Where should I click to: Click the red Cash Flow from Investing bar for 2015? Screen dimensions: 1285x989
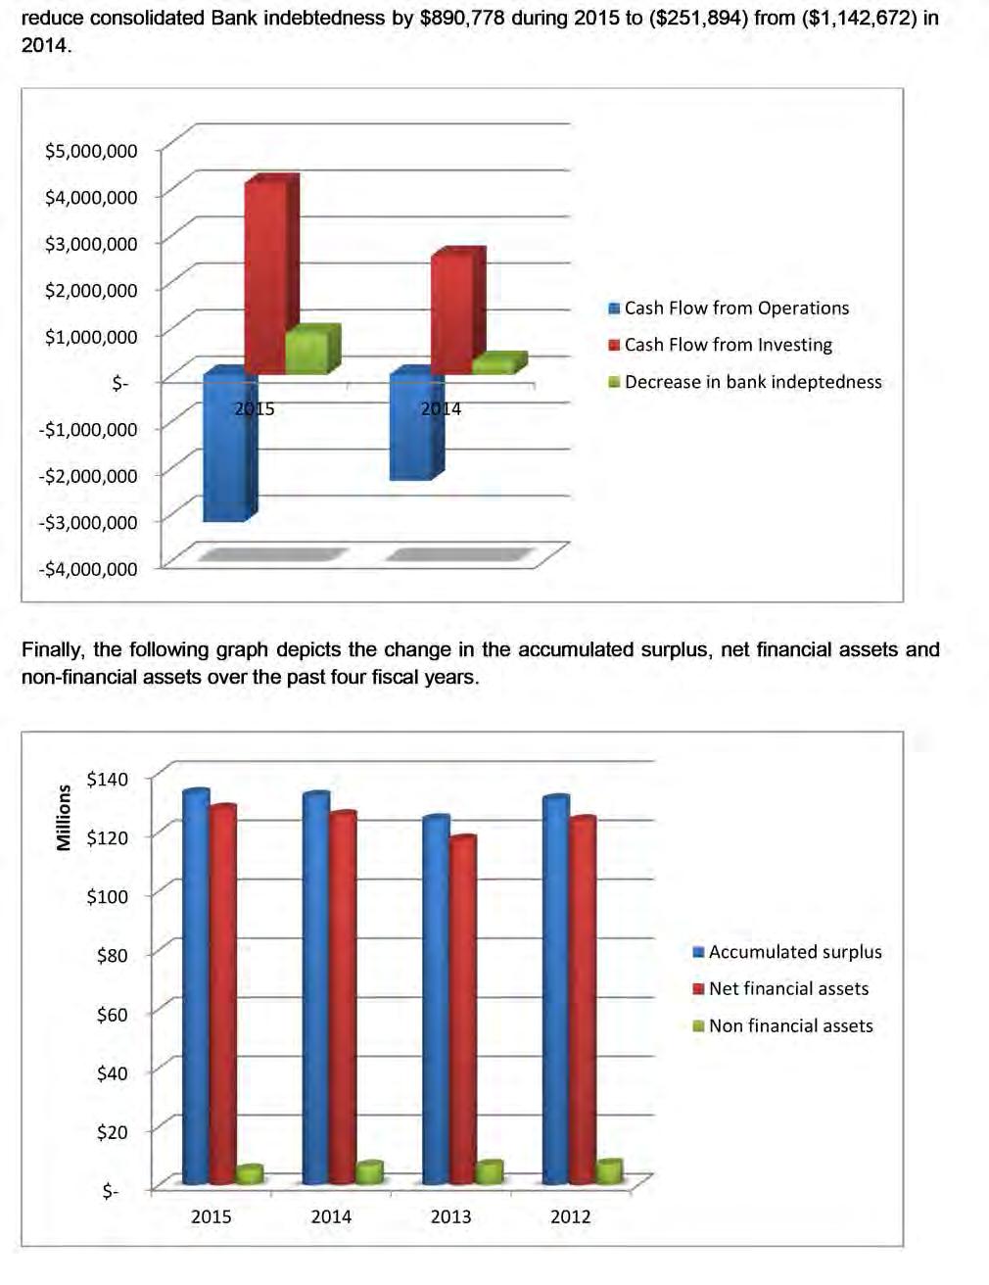coord(265,276)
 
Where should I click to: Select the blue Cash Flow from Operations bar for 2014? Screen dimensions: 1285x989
coord(415,426)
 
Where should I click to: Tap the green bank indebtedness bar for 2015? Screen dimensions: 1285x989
coord(309,352)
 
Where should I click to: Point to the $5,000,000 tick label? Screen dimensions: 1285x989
coord(91,151)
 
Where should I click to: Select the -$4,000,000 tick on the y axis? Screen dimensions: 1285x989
coord(88,569)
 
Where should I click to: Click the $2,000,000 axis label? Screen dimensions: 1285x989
coord(91,290)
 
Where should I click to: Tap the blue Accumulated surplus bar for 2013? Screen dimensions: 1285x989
coord(435,999)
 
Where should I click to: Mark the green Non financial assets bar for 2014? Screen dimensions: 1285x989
coord(368,1172)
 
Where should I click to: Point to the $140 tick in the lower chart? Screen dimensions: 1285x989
coord(107,780)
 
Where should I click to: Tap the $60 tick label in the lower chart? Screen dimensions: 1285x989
coord(112,1015)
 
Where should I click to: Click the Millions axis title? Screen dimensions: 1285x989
coord(65,817)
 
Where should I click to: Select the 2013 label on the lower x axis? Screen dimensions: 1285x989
coord(450,1216)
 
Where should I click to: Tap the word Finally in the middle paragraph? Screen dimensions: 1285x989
coord(54,650)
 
